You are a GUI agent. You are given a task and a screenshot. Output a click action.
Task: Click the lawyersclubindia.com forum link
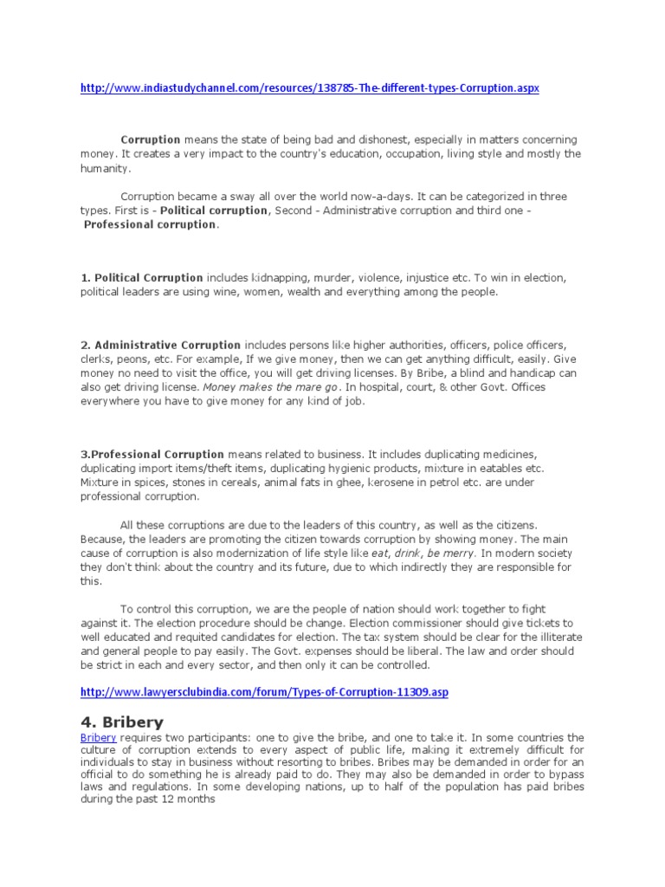pyautogui.click(x=265, y=692)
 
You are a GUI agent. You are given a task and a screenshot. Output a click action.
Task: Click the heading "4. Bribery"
pyautogui.click(x=121, y=721)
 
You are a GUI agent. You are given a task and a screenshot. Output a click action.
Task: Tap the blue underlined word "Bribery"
pyautogui.click(x=97, y=737)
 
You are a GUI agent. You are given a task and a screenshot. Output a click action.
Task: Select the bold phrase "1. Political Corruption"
pyautogui.click(x=142, y=278)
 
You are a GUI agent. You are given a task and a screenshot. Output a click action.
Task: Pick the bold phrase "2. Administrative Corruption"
pyautogui.click(x=161, y=345)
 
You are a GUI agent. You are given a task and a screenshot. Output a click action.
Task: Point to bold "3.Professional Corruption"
pyautogui.click(x=152, y=454)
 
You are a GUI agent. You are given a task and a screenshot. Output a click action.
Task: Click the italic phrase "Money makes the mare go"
pyautogui.click(x=269, y=387)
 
